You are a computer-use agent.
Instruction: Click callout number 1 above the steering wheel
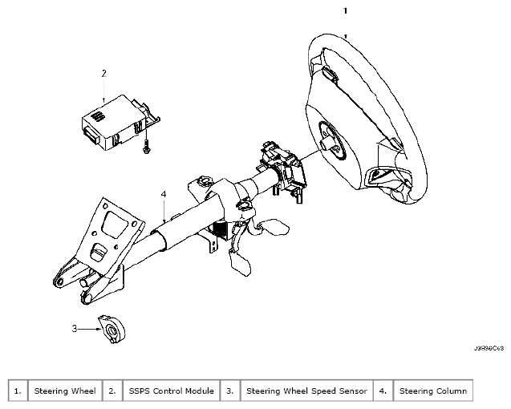pyautogui.click(x=344, y=12)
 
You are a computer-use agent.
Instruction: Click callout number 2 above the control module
pyautogui.click(x=103, y=73)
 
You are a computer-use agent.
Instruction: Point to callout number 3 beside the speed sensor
pyautogui.click(x=75, y=327)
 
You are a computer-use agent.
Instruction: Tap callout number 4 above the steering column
pyautogui.click(x=163, y=195)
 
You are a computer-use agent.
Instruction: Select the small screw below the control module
pyautogui.click(x=147, y=148)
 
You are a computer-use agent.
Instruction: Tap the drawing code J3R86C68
pyautogui.click(x=488, y=349)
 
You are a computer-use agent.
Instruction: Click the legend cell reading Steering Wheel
pyautogui.click(x=64, y=391)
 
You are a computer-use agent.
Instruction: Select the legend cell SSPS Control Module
pyautogui.click(x=171, y=391)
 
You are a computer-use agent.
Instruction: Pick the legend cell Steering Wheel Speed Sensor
pyautogui.click(x=307, y=391)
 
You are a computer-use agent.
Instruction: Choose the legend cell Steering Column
pyautogui.click(x=432, y=391)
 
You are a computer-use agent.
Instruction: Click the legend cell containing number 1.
pyautogui.click(x=18, y=391)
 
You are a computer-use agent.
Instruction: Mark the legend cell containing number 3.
pyautogui.click(x=229, y=391)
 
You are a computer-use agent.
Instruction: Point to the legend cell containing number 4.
pyautogui.click(x=383, y=391)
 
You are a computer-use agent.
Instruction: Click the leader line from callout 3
pyautogui.click(x=87, y=328)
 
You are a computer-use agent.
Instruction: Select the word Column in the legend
pyautogui.click(x=451, y=391)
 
